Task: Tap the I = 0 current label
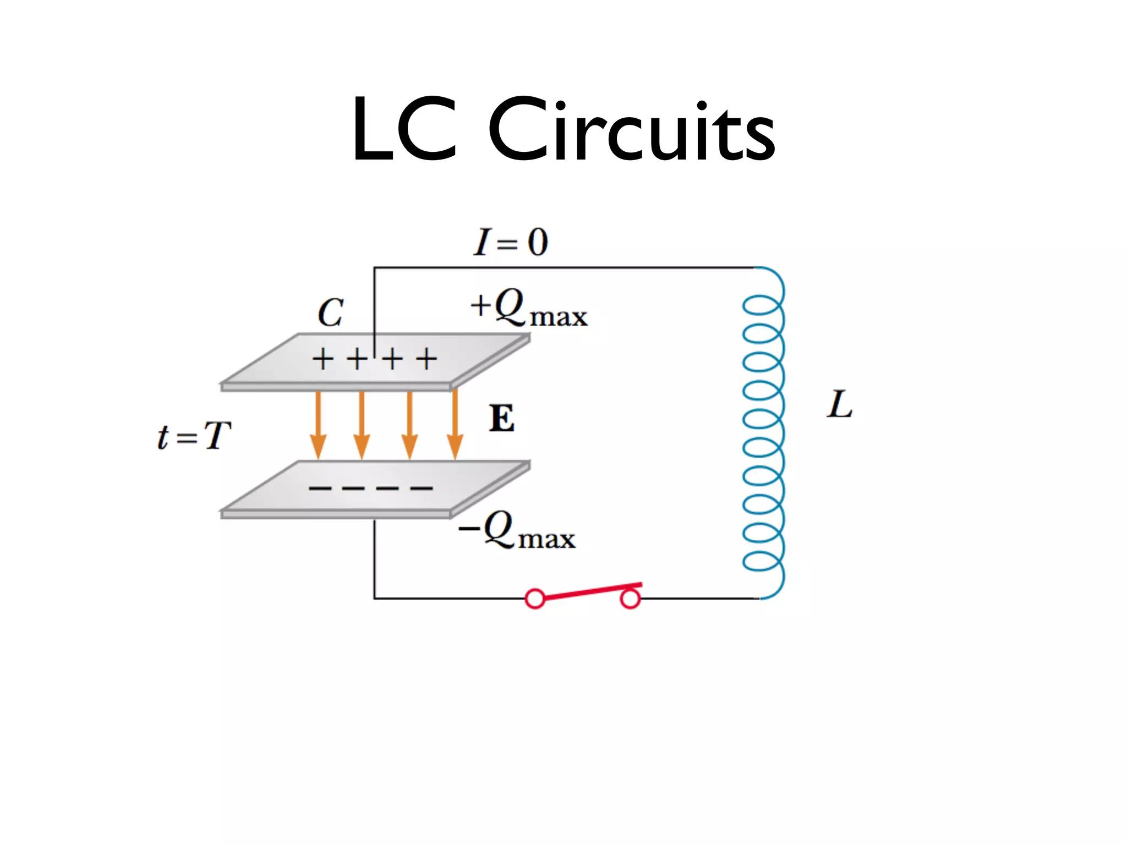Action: (511, 242)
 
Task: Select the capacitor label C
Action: (331, 313)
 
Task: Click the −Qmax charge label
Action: (517, 530)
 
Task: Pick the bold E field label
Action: (502, 419)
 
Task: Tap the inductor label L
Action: (839, 405)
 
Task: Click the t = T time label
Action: (194, 436)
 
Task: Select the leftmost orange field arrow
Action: (318, 424)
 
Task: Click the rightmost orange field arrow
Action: (455, 424)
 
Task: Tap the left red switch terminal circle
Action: (535, 598)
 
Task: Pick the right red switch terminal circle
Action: (630, 599)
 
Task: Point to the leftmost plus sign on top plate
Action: (323, 360)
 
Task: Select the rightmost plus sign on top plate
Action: (426, 360)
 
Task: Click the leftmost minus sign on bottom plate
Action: (320, 488)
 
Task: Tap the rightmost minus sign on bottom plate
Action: (422, 488)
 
